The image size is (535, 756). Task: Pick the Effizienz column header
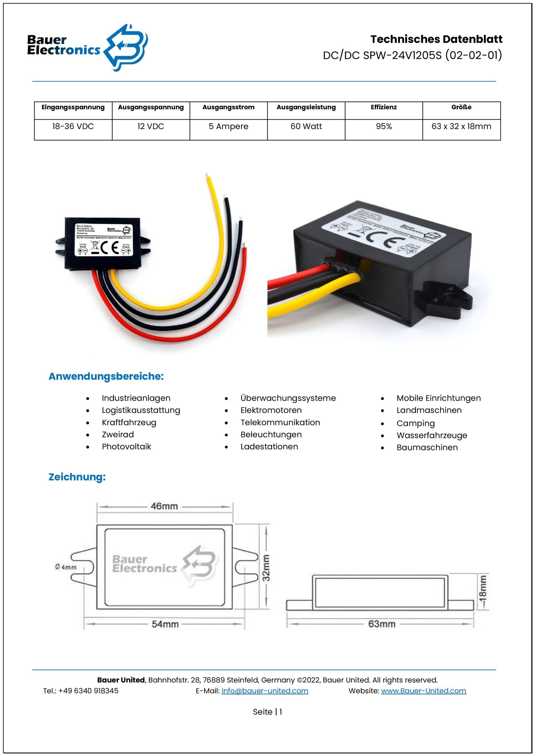[383, 107]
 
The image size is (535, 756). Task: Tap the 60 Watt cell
[306, 126]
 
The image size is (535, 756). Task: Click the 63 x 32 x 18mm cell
[461, 126]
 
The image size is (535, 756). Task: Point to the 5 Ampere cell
[228, 126]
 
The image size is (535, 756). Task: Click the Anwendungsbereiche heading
[106, 376]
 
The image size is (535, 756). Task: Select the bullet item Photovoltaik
[126, 447]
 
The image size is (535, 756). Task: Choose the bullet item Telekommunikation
[280, 423]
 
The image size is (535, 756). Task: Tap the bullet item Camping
[415, 423]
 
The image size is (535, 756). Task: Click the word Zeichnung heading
[77, 477]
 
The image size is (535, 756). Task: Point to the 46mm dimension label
[164, 506]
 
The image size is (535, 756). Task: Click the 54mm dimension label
[165, 624]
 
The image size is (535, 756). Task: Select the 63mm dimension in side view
[381, 624]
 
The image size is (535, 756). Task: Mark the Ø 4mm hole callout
[66, 567]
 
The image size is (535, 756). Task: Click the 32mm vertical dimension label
[266, 568]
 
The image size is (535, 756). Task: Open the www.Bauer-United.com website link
[423, 691]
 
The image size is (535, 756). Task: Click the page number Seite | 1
[267, 712]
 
